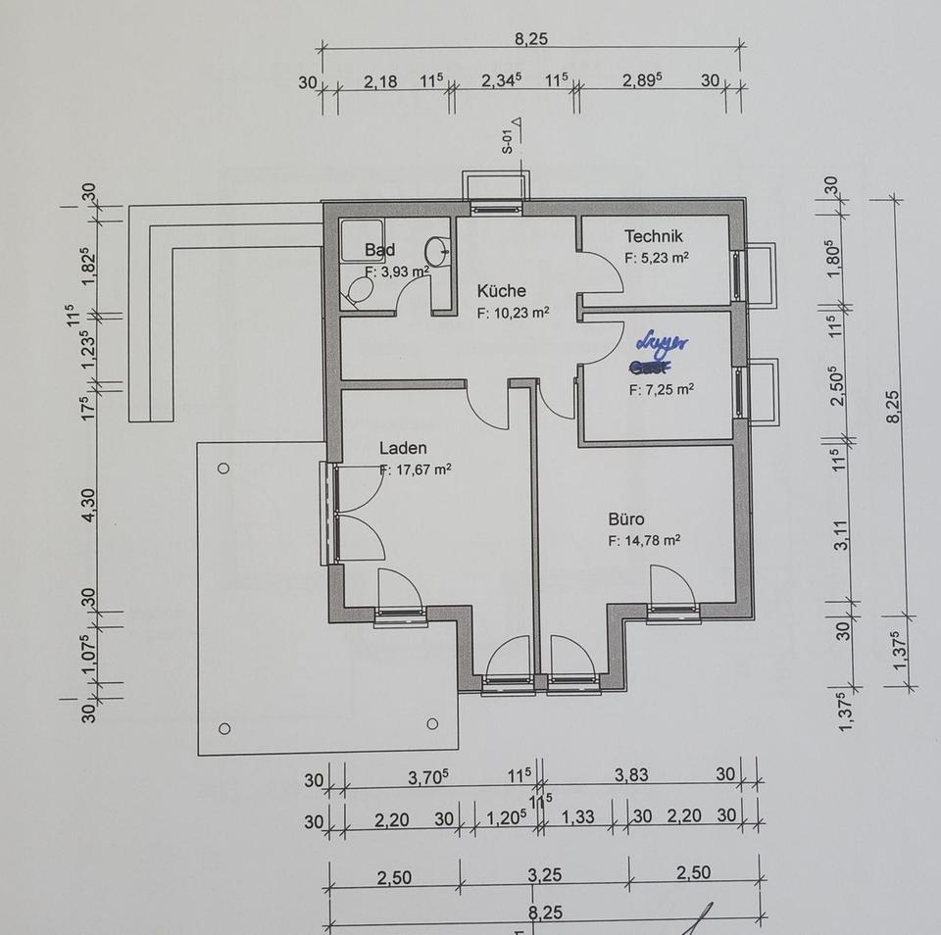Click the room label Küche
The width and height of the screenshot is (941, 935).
(501, 291)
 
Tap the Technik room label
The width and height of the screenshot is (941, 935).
(654, 236)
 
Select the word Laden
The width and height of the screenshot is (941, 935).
(403, 449)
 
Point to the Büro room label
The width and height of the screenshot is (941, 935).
(625, 519)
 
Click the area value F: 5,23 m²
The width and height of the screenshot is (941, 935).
(656, 259)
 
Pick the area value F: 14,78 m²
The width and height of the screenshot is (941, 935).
(643, 540)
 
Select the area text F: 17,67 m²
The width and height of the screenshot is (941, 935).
(415, 469)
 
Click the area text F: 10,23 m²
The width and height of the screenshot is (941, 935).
(513, 314)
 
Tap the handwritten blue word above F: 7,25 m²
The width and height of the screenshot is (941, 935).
(663, 344)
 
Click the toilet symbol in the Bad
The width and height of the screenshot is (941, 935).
(360, 291)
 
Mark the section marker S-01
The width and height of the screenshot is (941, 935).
(508, 142)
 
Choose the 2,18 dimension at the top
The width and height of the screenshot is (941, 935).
(380, 82)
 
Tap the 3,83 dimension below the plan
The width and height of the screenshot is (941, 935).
(631, 775)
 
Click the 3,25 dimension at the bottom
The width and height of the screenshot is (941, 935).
(544, 875)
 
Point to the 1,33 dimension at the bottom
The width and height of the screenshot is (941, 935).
(578, 817)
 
